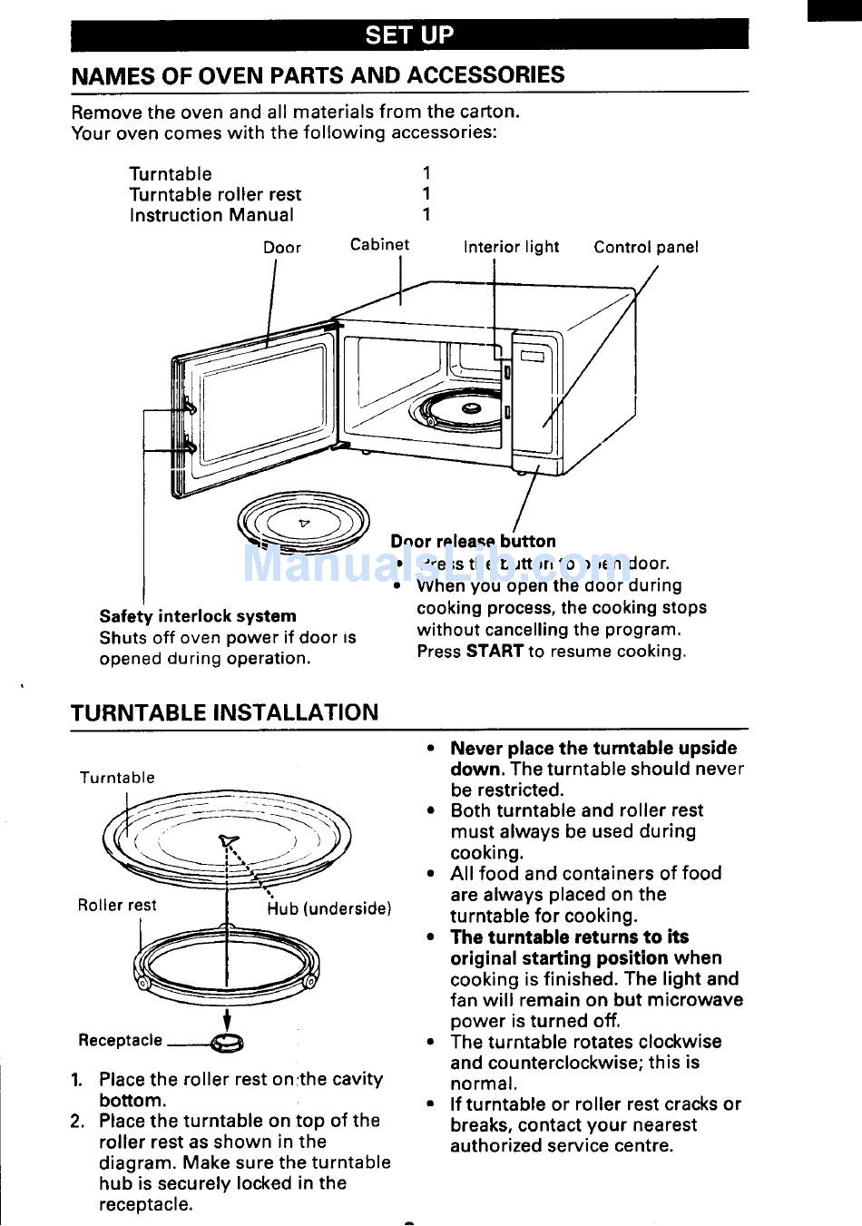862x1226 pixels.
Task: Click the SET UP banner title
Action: pos(409,34)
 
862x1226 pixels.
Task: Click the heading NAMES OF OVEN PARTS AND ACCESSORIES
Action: pos(318,75)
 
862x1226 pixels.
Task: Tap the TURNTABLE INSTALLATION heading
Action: pos(224,712)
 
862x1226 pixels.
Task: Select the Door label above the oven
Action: pos(282,248)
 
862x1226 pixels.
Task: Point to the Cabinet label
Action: pos(379,244)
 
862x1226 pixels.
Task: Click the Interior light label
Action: pos(511,247)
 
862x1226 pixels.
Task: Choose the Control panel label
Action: pos(645,247)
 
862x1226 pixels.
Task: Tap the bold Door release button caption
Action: pos(473,541)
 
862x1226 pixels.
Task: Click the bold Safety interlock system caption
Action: pos(198,616)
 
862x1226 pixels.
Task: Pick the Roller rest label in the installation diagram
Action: pos(117,905)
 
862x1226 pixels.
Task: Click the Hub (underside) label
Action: pos(329,908)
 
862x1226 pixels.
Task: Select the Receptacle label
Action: pos(120,1040)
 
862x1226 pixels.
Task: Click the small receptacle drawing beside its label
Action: pos(227,1044)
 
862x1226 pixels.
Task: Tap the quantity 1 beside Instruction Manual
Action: pos(426,215)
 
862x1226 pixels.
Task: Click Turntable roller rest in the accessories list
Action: pos(215,194)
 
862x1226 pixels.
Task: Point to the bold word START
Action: pos(495,651)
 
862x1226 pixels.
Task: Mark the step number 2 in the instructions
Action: pos(78,1121)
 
